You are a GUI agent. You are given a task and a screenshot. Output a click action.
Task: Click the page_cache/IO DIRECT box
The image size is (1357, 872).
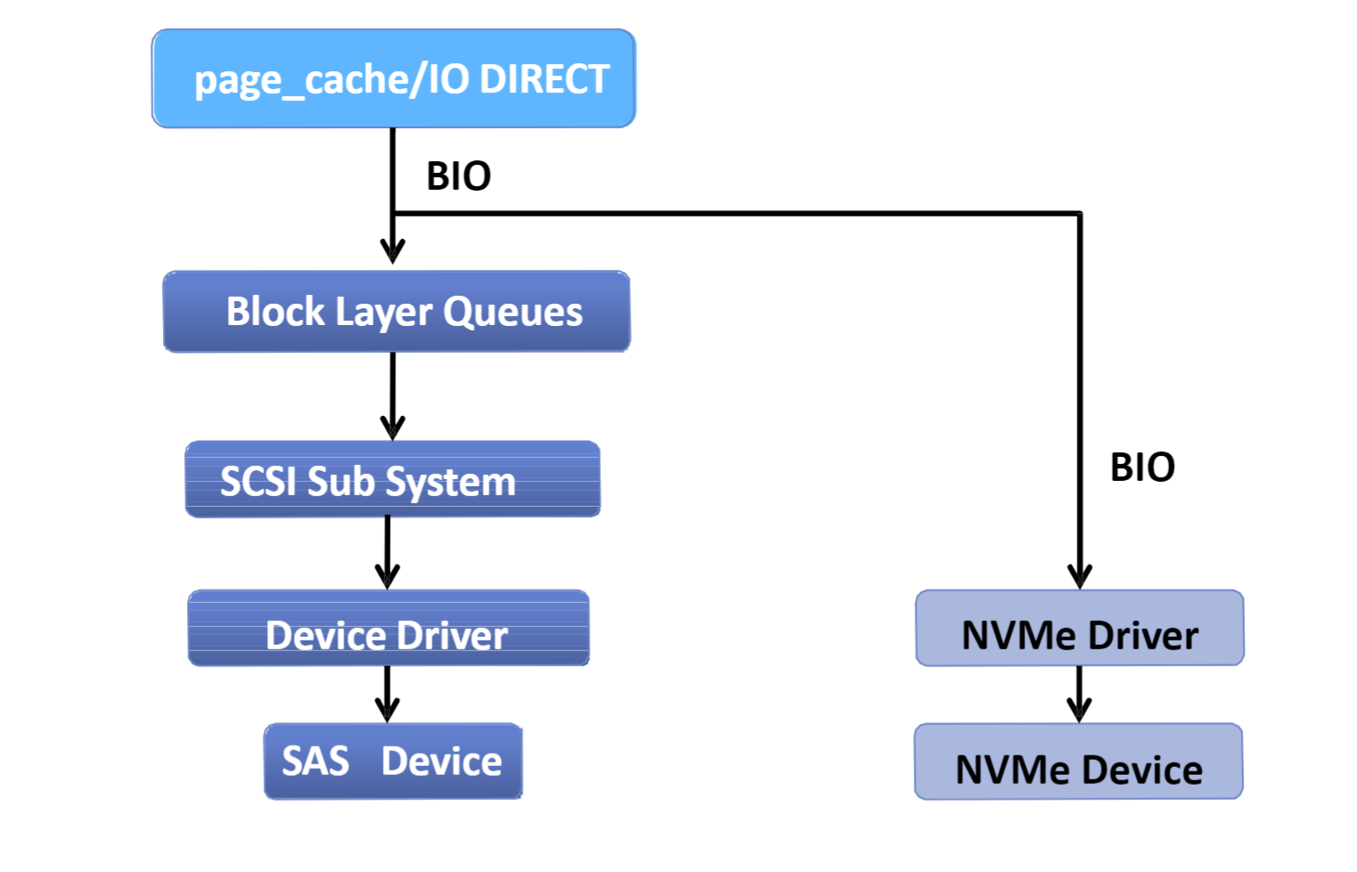click(394, 78)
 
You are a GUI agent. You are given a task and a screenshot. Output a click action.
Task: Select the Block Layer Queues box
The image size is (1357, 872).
click(397, 312)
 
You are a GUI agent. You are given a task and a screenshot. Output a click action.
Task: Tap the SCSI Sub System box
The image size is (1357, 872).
click(393, 479)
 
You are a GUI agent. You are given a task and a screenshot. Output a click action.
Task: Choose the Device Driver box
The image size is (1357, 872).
click(388, 628)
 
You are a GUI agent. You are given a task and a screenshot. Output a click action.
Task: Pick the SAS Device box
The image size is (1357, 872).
click(394, 761)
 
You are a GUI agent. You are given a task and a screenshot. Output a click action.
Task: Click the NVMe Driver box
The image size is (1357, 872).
click(1079, 628)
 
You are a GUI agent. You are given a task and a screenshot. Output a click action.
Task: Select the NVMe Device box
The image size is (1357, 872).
click(1078, 761)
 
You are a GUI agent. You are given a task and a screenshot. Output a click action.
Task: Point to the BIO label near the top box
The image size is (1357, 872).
click(459, 176)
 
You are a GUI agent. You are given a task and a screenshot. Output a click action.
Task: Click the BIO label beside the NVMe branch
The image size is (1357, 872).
click(1142, 468)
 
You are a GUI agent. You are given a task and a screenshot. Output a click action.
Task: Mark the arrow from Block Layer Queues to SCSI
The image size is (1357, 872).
click(393, 396)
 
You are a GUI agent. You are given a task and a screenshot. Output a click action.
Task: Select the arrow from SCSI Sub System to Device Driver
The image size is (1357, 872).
click(387, 553)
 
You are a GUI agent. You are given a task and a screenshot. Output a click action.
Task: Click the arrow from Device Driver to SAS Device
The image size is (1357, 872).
click(387, 695)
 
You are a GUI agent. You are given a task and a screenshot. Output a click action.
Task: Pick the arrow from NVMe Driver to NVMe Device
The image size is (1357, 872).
click(1079, 695)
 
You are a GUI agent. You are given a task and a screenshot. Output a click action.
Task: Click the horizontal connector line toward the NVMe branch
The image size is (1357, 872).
click(736, 213)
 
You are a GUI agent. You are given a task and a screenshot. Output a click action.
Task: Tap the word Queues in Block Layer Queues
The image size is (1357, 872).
click(513, 313)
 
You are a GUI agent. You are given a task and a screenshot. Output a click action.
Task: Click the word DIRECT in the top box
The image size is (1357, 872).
click(544, 78)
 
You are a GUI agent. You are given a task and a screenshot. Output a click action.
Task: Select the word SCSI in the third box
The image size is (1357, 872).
click(260, 482)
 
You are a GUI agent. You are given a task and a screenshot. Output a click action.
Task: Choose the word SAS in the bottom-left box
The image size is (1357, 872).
click(315, 761)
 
